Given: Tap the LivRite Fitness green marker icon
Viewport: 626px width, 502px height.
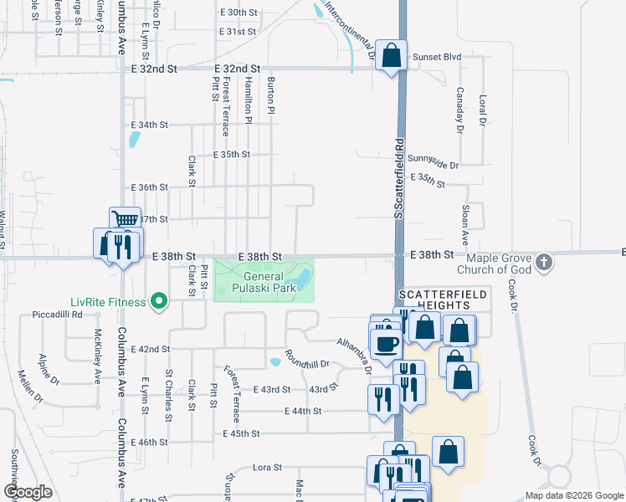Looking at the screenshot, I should (x=157, y=301).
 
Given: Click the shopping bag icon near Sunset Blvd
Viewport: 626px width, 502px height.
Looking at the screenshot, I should (x=391, y=56).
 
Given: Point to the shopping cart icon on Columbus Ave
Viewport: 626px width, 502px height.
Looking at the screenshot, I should (x=125, y=220).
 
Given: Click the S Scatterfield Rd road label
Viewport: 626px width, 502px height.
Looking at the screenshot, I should (x=401, y=180).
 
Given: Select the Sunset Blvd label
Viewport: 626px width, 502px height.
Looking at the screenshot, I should (x=438, y=57).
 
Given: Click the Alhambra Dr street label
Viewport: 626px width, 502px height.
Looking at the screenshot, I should (x=355, y=352).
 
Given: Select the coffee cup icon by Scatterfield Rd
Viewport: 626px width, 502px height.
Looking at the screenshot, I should (x=385, y=343).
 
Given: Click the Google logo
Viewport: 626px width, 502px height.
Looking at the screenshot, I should (x=28, y=492).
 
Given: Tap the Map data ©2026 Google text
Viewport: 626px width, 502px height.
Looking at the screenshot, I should (x=573, y=495).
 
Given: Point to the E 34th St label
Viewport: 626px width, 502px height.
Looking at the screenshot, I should (x=150, y=125).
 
